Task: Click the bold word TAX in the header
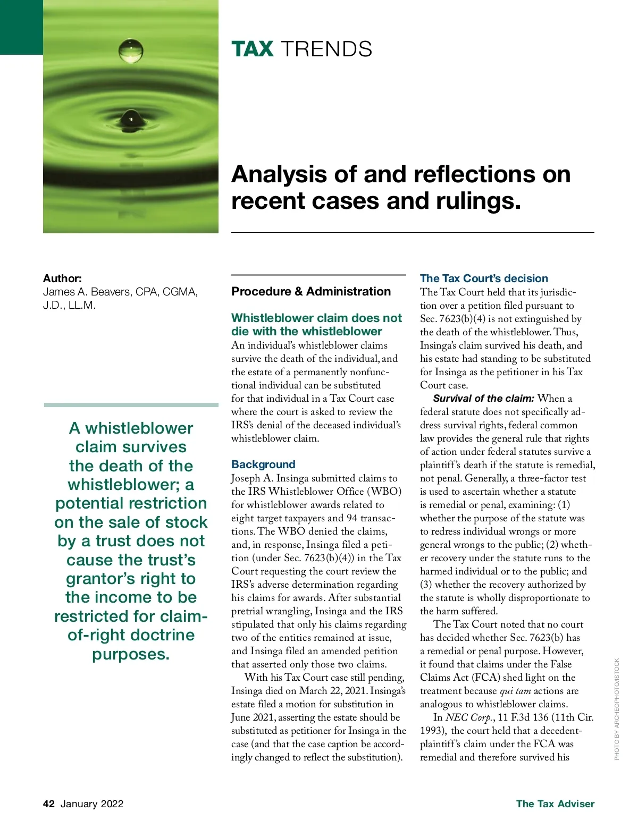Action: (253, 49)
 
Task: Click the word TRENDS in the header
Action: (326, 49)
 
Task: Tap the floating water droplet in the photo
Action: (131, 50)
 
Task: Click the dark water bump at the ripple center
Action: (131, 117)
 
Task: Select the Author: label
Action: (62, 278)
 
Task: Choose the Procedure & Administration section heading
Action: (311, 291)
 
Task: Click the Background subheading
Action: (263, 464)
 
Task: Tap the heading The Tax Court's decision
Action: (484, 278)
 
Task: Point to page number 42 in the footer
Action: (49, 804)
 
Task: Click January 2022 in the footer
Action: (92, 804)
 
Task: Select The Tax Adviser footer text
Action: (555, 804)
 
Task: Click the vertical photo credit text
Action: (617, 709)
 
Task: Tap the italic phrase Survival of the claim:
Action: (483, 399)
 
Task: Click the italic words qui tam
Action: (515, 691)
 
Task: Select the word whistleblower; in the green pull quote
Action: (131, 485)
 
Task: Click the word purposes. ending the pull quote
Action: (131, 654)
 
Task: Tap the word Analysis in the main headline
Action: (280, 174)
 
